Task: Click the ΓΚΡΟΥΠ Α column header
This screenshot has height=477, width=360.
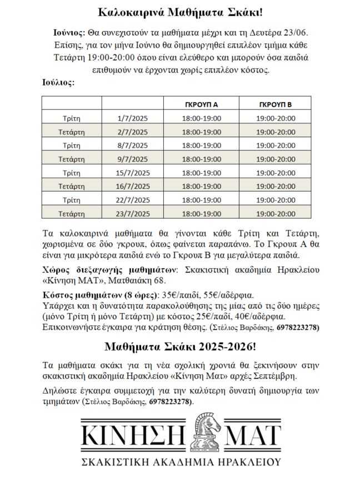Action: pos(201,104)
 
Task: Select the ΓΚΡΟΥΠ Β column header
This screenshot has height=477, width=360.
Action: pos(276,104)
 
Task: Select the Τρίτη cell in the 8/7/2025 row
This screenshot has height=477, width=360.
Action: pos(72,145)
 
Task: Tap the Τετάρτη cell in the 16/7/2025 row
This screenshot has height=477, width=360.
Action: pos(72,186)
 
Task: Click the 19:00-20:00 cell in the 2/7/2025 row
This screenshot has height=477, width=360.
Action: pos(276,132)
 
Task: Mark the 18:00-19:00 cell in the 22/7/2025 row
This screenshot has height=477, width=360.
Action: pos(201,199)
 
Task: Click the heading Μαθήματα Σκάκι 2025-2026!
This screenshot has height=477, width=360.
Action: pos(180,347)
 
